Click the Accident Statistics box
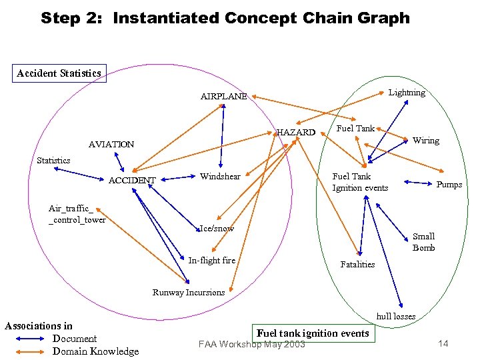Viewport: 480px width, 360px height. pyautogui.click(x=59, y=73)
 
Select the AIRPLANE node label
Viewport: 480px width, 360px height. pyautogui.click(x=223, y=96)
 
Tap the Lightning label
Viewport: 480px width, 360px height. pyautogui.click(x=407, y=93)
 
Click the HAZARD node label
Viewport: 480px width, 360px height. pyautogui.click(x=296, y=132)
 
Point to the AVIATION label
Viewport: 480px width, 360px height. pyautogui.click(x=111, y=144)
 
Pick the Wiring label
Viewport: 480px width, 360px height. pyautogui.click(x=426, y=141)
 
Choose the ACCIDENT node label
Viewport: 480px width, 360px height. pyautogui.click(x=132, y=180)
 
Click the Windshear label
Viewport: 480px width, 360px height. pyautogui.click(x=220, y=176)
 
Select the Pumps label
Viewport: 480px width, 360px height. pyautogui.click(x=449, y=185)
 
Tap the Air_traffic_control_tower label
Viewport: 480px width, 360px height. pyautogui.click(x=77, y=214)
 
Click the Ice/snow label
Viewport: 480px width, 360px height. pyautogui.click(x=217, y=228)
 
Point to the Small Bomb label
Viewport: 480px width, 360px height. pyautogui.click(x=423, y=242)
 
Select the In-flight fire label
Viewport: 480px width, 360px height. pyautogui.click(x=212, y=260)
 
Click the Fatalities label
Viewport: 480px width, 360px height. pyautogui.click(x=357, y=265)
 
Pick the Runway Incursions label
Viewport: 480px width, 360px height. pyautogui.click(x=189, y=292)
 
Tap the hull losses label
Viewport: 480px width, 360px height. pyautogui.click(x=395, y=316)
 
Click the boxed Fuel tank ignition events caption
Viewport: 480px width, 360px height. pyautogui.click(x=313, y=333)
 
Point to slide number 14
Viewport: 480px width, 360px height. pyautogui.click(x=443, y=343)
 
